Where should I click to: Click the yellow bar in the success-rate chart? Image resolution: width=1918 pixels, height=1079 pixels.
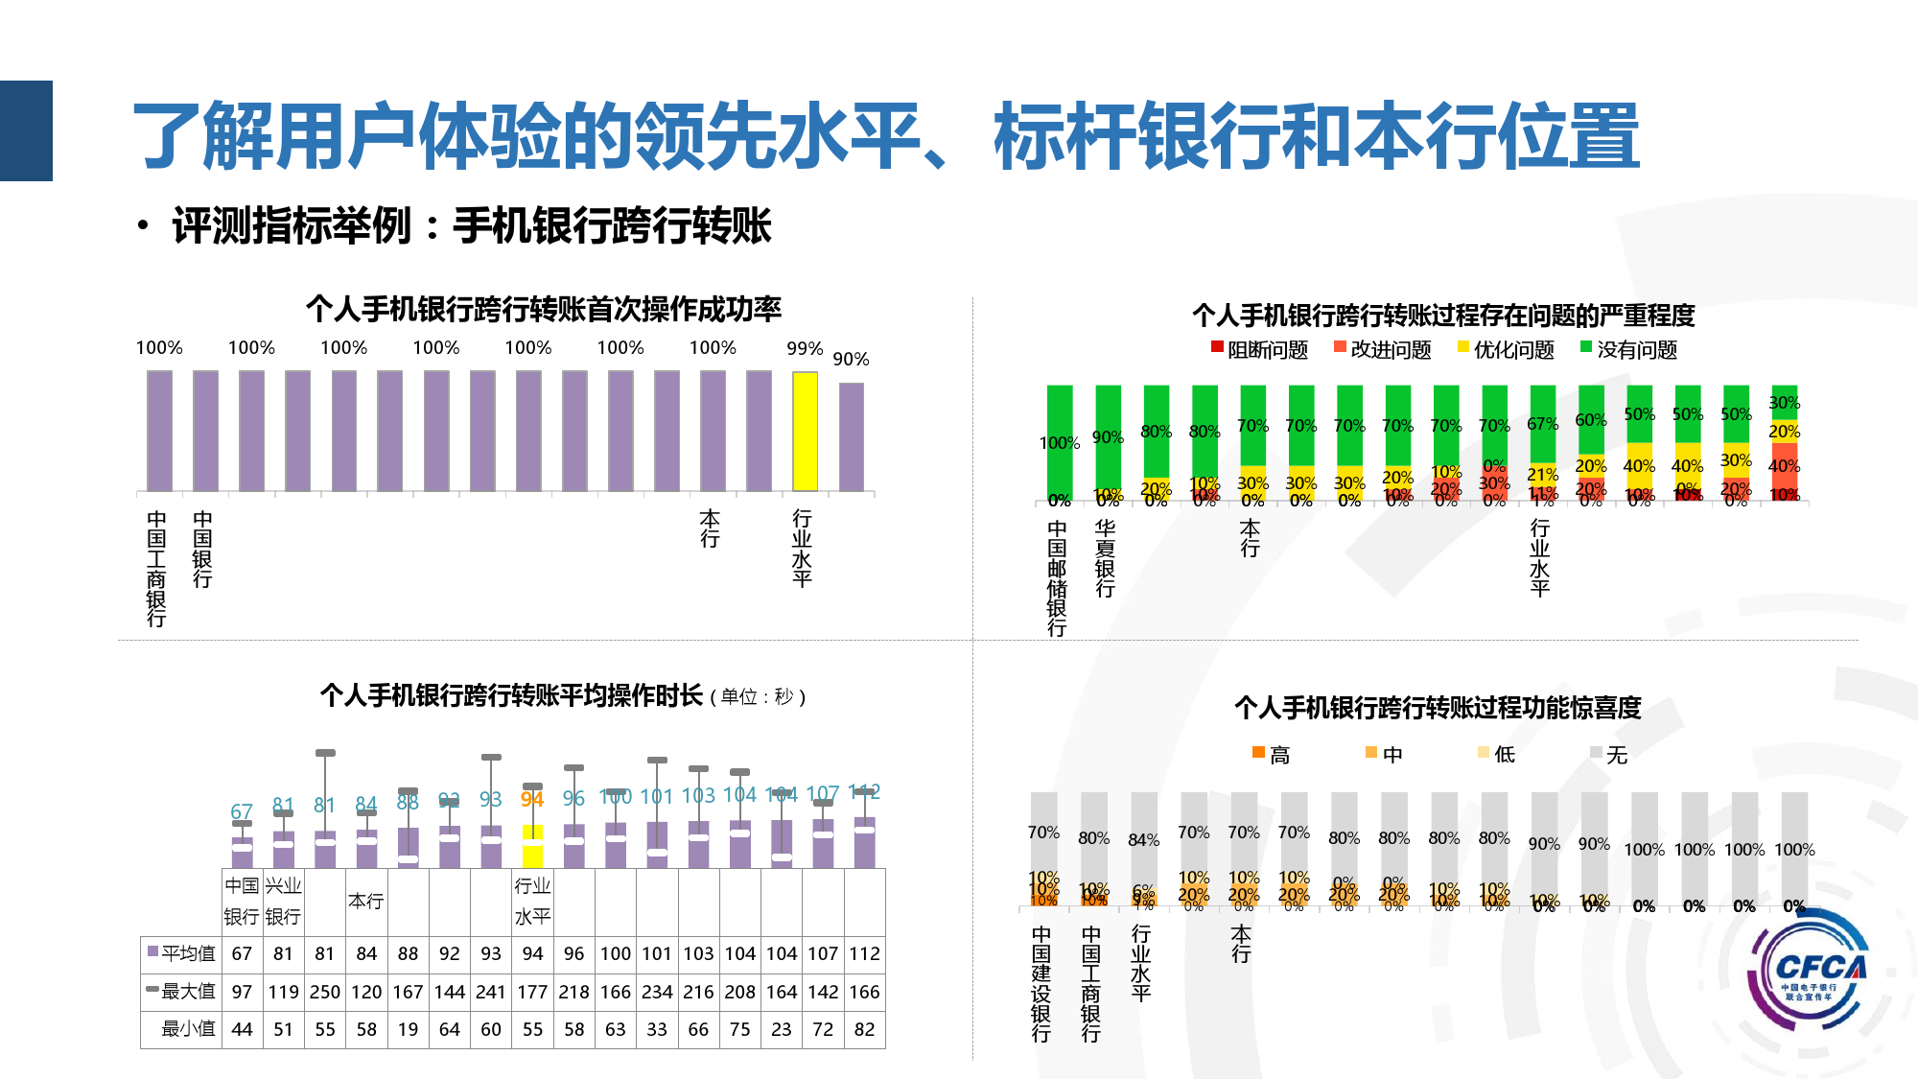point(805,432)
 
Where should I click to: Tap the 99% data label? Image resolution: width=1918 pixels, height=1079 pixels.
point(805,349)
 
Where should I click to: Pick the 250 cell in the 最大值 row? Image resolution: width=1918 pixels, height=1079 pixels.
point(325,992)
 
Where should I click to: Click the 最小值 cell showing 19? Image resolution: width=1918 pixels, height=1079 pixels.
point(409,1029)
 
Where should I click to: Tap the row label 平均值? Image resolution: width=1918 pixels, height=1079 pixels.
point(181,953)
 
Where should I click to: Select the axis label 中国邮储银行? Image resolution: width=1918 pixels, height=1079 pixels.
point(1057,578)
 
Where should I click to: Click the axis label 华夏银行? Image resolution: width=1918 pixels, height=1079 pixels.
point(1106,558)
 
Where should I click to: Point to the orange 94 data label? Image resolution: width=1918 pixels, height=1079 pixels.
point(532,799)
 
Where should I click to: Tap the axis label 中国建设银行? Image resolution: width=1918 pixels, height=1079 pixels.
point(1041,983)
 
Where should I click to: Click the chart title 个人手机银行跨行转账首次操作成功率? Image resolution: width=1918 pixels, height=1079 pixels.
point(544,309)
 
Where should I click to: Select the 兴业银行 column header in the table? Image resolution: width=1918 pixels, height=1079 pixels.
point(283,901)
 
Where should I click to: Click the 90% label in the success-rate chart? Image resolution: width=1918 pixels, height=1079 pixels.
point(851,360)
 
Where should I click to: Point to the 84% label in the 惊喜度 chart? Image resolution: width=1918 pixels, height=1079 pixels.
point(1144,840)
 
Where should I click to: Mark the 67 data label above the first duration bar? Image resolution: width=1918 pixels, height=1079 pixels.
point(242,811)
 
